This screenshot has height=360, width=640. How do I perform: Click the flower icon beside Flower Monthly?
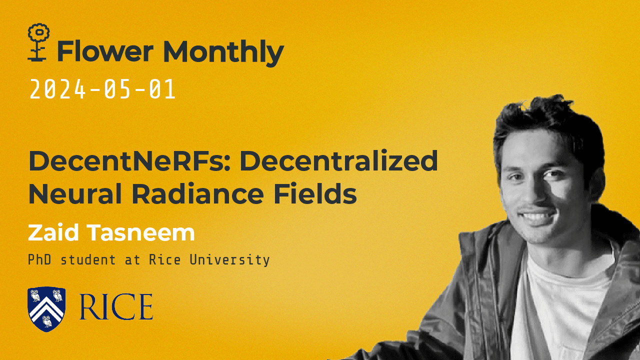pos(38,42)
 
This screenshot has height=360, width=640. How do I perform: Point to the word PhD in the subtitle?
pos(38,260)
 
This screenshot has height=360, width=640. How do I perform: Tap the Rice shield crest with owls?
pos(46,308)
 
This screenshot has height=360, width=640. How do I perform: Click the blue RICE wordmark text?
pos(116,307)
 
